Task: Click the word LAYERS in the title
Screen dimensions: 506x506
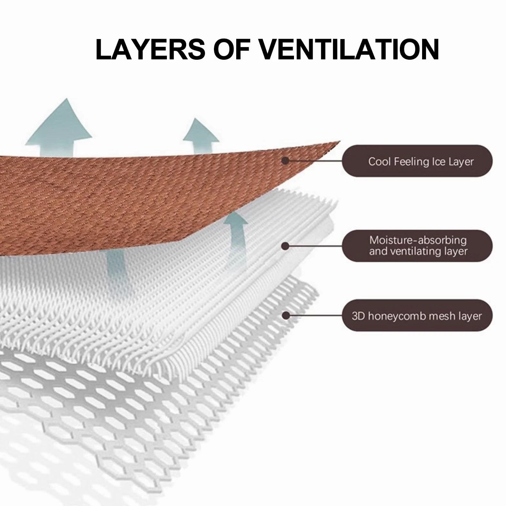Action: pos(150,49)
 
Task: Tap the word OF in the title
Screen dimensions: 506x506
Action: pos(232,49)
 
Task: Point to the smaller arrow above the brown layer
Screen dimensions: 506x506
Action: pos(201,136)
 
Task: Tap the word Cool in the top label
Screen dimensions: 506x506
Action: pos(379,161)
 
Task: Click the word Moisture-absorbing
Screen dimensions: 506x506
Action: pos(418,240)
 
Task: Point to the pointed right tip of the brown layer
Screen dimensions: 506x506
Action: pos(340,141)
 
